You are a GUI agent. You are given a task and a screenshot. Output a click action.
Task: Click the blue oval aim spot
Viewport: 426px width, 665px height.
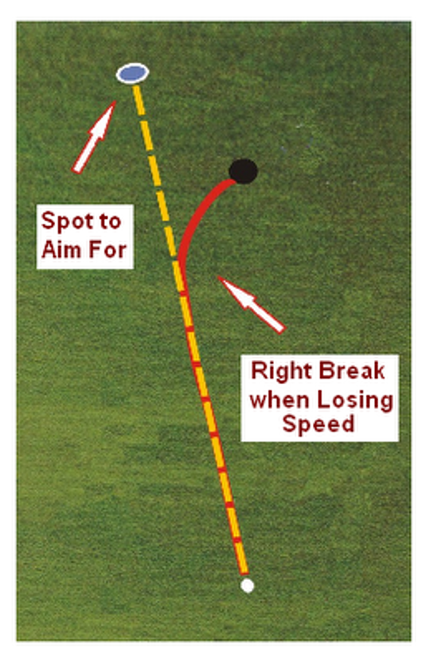coord(133,73)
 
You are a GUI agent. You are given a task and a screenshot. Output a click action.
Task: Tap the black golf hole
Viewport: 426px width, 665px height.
coord(244,171)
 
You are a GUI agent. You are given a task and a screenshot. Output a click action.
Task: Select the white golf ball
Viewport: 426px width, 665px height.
coord(247,585)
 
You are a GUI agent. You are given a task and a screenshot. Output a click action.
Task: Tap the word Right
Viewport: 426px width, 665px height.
coord(281,371)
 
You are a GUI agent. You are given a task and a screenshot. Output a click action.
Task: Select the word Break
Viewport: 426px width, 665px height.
coord(352,370)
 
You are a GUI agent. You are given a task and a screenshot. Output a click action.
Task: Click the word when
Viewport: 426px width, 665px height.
coord(280,400)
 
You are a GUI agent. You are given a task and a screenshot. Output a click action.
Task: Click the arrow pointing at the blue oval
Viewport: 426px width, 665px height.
coord(94,137)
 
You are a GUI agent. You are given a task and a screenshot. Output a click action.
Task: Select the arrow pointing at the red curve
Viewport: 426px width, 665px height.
coord(251,304)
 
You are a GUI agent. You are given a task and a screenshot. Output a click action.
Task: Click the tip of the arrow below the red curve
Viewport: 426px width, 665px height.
coord(218,276)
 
